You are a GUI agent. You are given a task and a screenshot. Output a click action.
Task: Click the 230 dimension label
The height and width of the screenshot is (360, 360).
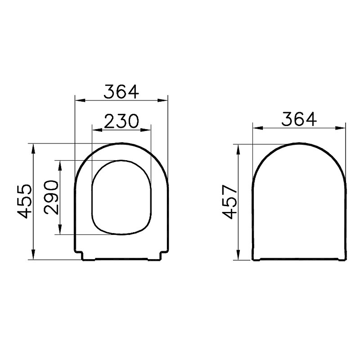tap(121, 121)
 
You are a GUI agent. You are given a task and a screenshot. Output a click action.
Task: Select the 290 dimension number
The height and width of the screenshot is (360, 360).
tap(51, 198)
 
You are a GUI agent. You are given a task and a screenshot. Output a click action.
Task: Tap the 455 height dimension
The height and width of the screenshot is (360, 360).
tap(24, 201)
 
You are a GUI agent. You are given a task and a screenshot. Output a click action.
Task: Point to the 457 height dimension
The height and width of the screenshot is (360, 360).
tap(229, 202)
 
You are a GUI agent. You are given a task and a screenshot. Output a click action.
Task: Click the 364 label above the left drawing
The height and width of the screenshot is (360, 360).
tap(121, 92)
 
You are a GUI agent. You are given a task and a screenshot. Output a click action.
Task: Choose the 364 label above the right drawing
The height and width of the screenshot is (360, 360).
tap(299, 119)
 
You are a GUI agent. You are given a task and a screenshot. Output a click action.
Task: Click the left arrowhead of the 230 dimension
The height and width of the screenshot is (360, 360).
tap(97, 130)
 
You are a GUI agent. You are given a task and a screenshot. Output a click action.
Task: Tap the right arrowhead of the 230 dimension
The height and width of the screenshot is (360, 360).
tap(146, 130)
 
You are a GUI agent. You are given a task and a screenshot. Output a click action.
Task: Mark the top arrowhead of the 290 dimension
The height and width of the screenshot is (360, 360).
tap(60, 166)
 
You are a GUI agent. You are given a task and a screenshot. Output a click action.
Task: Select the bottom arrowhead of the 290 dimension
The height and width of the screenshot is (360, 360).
tap(60, 229)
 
